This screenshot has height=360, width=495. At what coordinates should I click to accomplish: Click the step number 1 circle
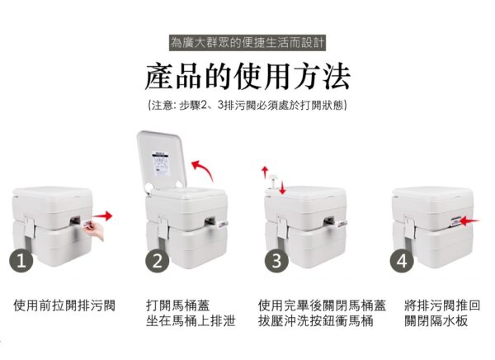click(21, 261)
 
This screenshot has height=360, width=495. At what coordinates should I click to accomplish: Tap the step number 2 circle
click(158, 261)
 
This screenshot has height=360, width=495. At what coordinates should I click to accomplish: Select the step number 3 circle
click(276, 261)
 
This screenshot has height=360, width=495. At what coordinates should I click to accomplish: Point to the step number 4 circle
click(402, 261)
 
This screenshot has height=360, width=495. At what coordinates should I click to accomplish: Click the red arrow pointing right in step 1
click(102, 216)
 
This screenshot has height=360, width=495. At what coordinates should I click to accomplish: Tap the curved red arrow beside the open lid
click(204, 170)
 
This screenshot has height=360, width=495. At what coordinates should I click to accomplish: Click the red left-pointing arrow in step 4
click(469, 220)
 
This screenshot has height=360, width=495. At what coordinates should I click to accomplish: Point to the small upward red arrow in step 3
click(265, 173)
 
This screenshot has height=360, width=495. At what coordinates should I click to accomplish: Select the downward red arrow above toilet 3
click(282, 187)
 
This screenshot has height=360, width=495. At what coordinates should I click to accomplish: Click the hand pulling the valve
click(94, 230)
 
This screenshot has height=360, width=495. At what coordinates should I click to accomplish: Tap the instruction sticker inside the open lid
click(162, 163)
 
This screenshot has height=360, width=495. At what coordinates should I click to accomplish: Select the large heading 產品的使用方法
click(247, 77)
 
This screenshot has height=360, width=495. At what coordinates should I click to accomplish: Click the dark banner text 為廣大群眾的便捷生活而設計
click(247, 43)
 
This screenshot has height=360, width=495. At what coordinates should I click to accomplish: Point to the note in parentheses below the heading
click(247, 105)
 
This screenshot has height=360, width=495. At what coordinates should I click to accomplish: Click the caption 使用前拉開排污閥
click(64, 306)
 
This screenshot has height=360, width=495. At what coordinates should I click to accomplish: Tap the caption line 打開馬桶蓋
click(177, 306)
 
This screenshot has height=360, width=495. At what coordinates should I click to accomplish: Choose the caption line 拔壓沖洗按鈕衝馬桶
click(316, 321)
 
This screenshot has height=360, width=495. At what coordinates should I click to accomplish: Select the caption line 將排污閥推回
click(442, 306)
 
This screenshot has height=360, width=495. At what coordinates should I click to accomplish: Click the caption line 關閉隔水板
click(436, 321)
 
